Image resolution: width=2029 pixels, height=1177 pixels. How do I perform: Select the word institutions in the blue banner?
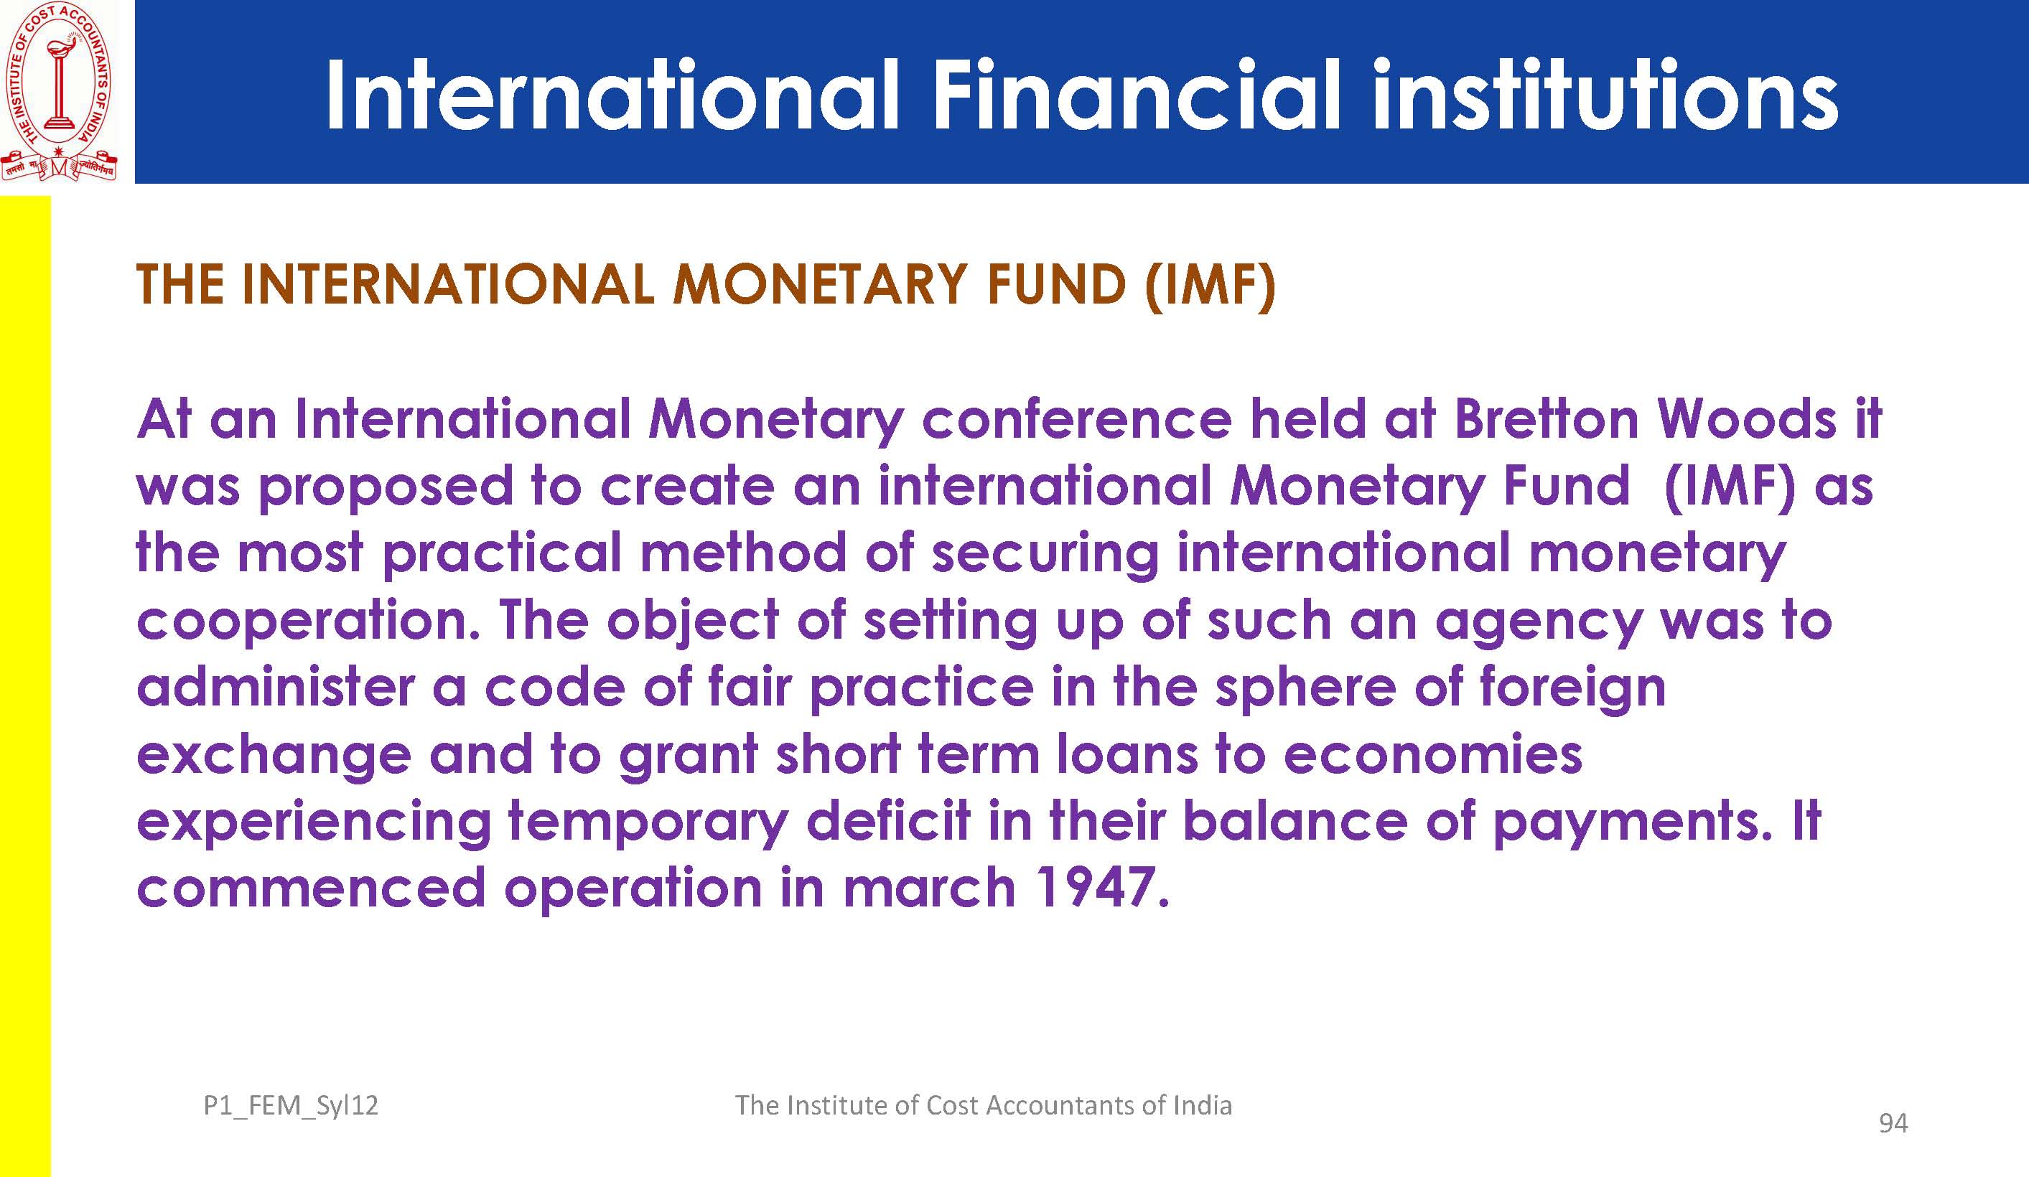click(x=1605, y=94)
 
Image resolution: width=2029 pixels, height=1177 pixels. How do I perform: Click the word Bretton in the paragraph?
click(x=1546, y=418)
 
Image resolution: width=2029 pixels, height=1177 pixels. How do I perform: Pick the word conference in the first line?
click(x=1076, y=418)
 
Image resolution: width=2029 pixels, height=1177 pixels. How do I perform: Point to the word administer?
click(x=276, y=687)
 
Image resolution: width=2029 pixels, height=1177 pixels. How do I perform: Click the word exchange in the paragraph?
click(x=274, y=756)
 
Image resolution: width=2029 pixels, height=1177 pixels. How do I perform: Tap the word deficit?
click(x=888, y=820)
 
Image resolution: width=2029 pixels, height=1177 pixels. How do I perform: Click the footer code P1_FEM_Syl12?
click(x=291, y=1105)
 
